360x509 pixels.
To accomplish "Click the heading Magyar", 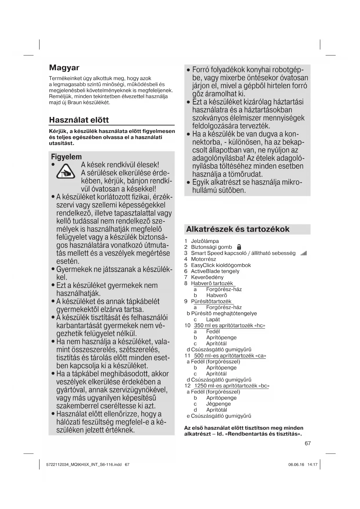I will [64, 68].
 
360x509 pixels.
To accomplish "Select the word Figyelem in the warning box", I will [66, 157].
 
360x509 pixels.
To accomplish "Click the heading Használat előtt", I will [79, 120].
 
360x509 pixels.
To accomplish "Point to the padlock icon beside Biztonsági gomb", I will [239, 247].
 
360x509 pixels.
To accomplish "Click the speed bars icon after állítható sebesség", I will [304, 254].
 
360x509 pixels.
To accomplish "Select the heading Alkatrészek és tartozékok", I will [238, 229].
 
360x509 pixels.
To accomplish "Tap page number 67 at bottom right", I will [308, 443].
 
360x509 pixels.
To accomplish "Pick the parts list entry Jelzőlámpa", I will [205, 241].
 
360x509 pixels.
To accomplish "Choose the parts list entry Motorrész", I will [203, 259].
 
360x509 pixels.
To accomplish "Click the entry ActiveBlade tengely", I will [215, 271].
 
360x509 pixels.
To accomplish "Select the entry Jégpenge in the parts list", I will [218, 404].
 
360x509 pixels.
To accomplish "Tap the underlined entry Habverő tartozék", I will [212, 283].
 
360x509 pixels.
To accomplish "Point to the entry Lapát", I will [213, 320].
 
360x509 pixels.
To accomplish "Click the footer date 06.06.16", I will [296, 465].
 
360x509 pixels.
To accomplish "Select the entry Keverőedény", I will [207, 277].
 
